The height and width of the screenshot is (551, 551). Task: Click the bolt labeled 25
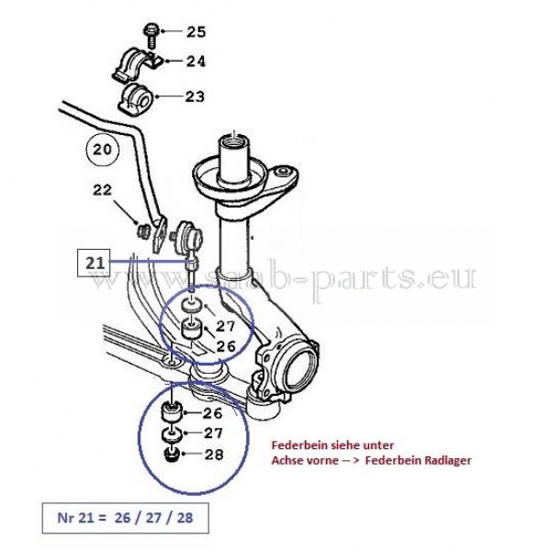[x=152, y=35]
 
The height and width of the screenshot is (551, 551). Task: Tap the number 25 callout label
[x=197, y=32]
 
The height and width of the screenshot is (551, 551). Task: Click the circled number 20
[x=102, y=150]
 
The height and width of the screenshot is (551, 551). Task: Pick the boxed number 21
[x=94, y=263]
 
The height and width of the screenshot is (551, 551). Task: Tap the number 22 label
[x=102, y=190]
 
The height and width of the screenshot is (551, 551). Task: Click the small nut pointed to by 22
[x=142, y=231]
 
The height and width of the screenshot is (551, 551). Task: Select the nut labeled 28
[x=173, y=455]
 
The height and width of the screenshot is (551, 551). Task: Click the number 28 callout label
[x=214, y=455]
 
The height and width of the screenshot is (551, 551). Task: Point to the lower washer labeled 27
[x=172, y=435]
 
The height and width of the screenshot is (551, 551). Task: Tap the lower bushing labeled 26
[x=172, y=413]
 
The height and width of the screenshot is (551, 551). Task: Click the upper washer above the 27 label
[x=191, y=306]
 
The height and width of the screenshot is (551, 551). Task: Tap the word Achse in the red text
[x=286, y=460]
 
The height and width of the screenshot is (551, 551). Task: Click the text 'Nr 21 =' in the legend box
[x=82, y=518]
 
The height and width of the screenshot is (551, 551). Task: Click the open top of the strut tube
[x=233, y=141]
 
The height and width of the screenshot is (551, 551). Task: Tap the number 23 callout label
[x=195, y=96]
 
